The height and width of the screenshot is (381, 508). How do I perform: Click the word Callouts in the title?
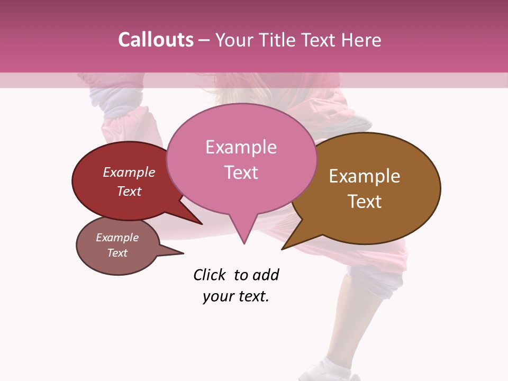click(x=156, y=40)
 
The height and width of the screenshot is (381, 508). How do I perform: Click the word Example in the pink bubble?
click(x=241, y=147)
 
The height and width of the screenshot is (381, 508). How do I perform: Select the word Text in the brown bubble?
click(x=365, y=202)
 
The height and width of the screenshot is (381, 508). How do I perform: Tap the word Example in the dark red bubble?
click(x=129, y=173)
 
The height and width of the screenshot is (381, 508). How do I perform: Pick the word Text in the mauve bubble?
click(x=117, y=253)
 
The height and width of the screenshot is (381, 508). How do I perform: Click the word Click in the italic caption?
click(x=210, y=275)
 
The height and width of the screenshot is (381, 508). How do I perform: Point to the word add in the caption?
click(x=266, y=275)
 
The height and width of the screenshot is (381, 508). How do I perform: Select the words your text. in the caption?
click(x=236, y=296)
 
